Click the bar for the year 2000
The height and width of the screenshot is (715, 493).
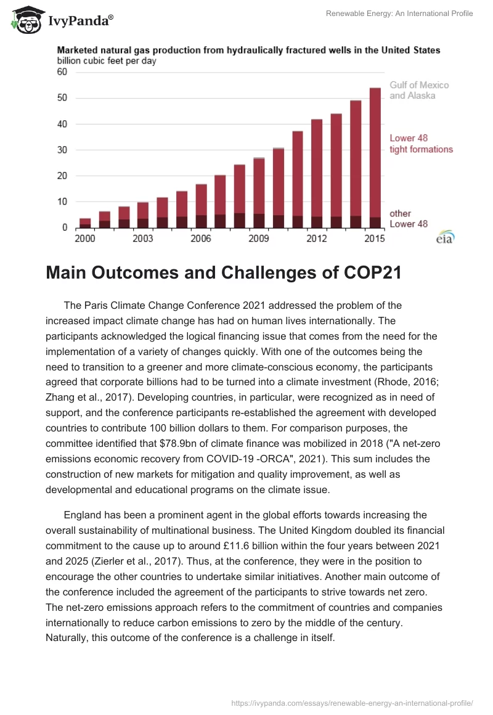click(85, 223)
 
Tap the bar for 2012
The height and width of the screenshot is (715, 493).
click(317, 173)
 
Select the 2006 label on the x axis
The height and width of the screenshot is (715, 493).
click(201, 238)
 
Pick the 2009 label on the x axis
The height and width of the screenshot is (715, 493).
click(259, 238)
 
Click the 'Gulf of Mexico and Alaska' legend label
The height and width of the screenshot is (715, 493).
click(419, 90)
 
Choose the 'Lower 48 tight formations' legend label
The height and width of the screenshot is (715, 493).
click(421, 144)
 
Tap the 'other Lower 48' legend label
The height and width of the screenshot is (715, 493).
click(409, 218)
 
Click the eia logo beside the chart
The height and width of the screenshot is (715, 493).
click(444, 237)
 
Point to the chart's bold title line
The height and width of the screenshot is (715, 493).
click(249, 50)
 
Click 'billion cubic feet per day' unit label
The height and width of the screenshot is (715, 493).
click(107, 60)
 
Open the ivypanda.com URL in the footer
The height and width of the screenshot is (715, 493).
click(352, 702)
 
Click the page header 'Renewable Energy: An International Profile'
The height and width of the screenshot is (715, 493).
click(399, 14)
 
